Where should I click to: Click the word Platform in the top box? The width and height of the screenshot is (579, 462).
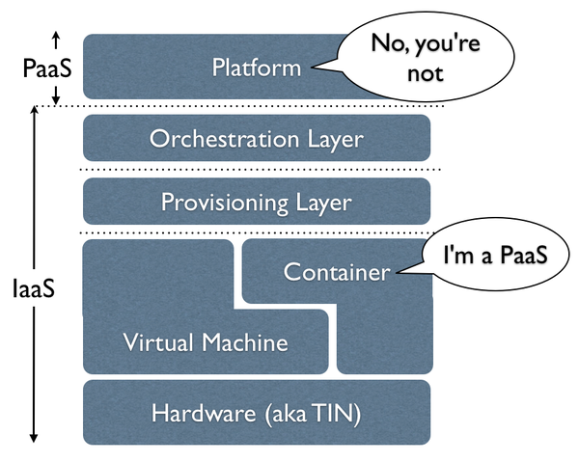coord(257,68)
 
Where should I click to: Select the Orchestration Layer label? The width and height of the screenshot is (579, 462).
coord(257,140)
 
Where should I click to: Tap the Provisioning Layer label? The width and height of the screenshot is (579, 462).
coord(257,203)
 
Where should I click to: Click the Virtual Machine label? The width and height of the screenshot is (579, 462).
coord(206,342)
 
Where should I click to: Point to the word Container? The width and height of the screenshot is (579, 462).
coord(337,272)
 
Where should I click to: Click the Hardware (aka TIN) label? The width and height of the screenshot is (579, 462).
coord(257,413)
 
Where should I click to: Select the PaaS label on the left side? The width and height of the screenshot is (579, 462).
coord(47,68)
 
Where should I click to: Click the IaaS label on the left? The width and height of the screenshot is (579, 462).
coord(34,288)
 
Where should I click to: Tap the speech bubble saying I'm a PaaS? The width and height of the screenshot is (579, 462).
coord(495,254)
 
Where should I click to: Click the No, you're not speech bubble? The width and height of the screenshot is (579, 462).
coord(425,57)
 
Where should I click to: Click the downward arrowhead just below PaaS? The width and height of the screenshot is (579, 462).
coord(56,99)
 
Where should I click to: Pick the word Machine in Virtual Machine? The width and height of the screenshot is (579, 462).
coord(245,342)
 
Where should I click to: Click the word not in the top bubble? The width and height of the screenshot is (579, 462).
coord(425,74)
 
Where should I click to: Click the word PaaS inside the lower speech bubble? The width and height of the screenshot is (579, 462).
coord(523,255)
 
